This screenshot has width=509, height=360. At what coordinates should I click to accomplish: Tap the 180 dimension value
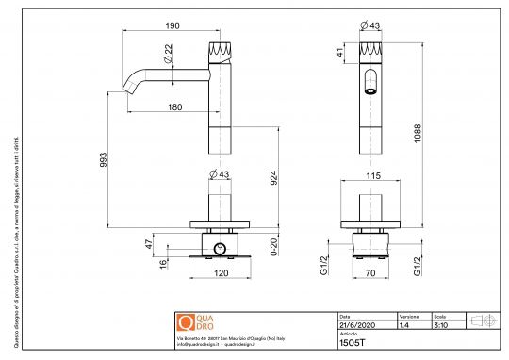pos(174,107)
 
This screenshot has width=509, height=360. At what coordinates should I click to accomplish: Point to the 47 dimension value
pos(150,243)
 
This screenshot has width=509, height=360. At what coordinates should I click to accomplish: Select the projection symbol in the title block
pos(482,319)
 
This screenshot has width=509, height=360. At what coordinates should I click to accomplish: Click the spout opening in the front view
pos(370,90)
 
